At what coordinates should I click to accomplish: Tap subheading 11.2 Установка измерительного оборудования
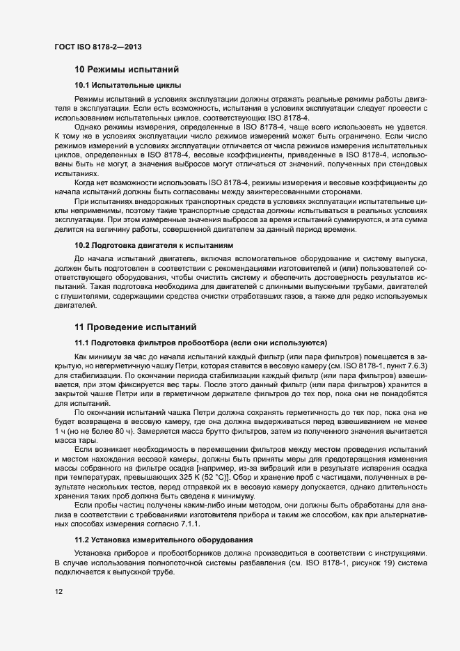[163, 540]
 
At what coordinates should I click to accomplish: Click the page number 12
[59, 591]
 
